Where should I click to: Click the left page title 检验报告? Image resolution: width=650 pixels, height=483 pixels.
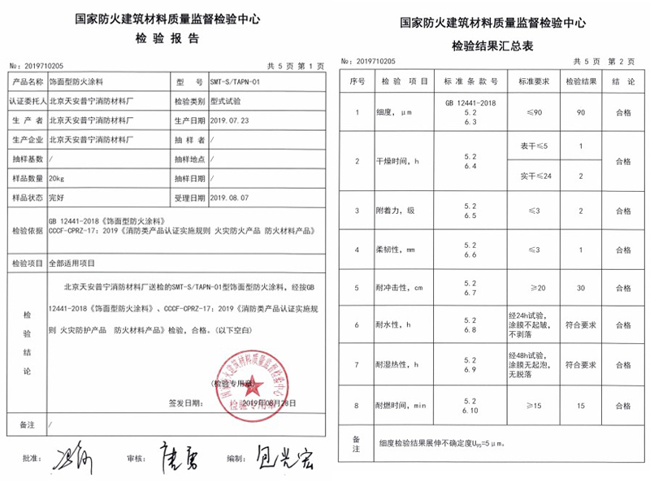tap(167, 38)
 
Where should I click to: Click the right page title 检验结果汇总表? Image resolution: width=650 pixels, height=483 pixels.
tap(492, 46)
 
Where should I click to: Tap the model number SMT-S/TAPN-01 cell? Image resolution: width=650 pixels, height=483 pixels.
tap(235, 82)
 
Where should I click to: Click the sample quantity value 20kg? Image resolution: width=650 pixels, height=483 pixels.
tap(58, 178)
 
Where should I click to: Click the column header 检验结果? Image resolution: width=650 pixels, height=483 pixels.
tap(581, 82)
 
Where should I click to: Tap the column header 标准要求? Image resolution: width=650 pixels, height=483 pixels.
tap(529, 82)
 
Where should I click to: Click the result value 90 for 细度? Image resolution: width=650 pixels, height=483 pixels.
tap(581, 112)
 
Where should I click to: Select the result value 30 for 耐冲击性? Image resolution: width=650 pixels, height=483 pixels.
tap(581, 288)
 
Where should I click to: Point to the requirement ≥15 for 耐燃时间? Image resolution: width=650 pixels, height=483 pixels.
tap(529, 405)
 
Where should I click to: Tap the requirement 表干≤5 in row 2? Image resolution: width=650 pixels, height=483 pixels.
tap(529, 146)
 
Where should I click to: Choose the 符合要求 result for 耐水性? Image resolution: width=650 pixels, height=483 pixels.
tap(581, 325)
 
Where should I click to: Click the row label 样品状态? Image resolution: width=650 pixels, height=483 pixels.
tap(26, 198)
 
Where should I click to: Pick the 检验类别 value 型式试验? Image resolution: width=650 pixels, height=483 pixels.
tap(227, 101)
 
